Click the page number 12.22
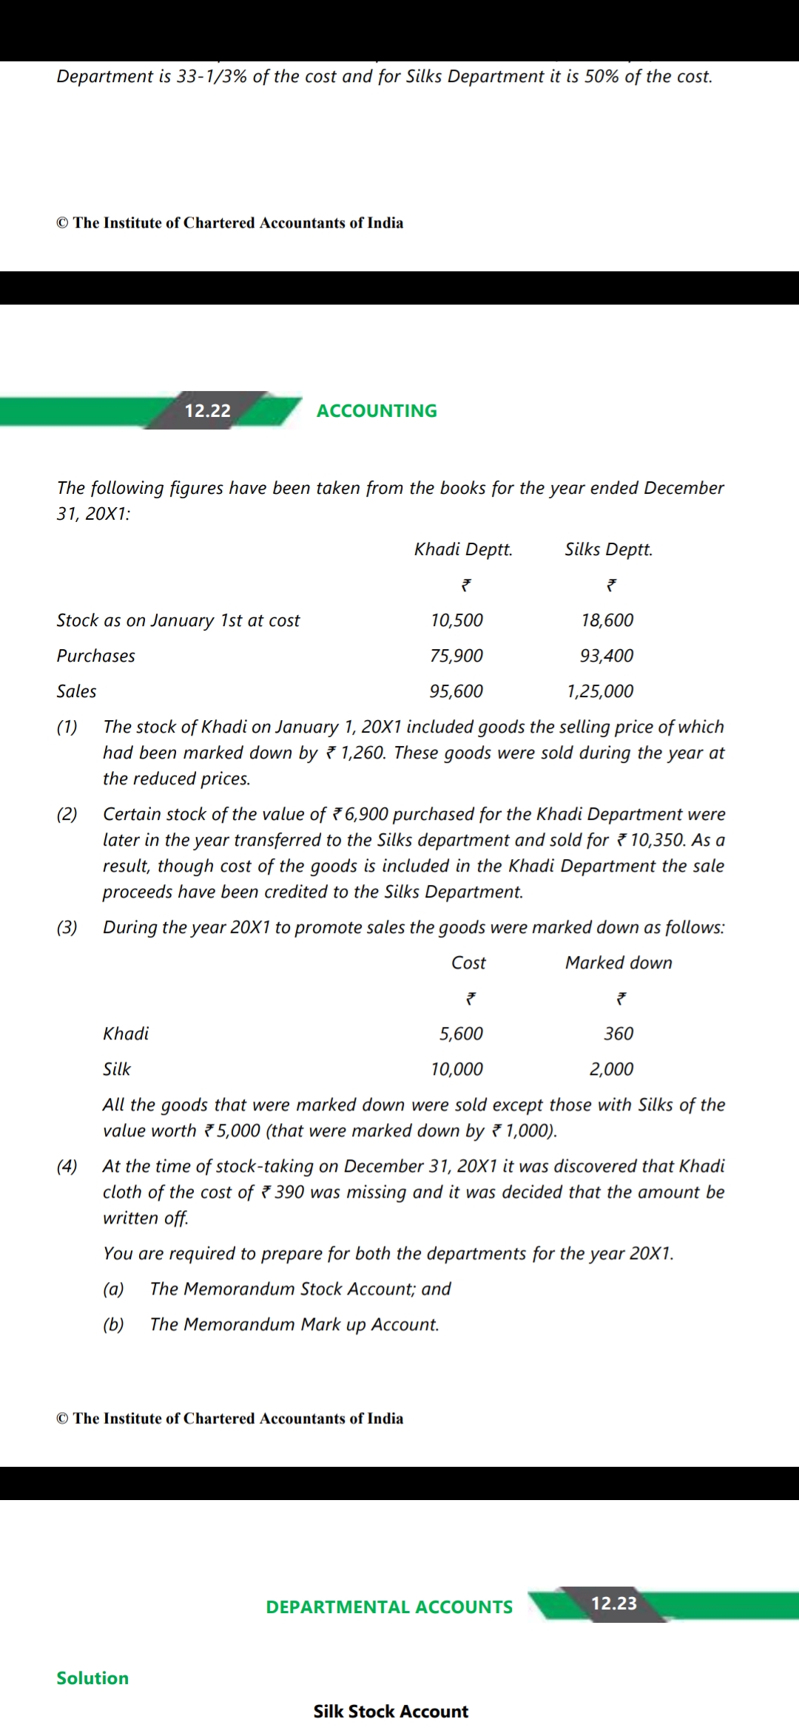click(x=207, y=411)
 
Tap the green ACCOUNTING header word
click(x=377, y=411)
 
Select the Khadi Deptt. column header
click(x=463, y=549)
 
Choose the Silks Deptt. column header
click(x=608, y=549)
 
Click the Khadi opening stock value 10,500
click(x=456, y=620)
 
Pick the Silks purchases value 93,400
click(x=607, y=656)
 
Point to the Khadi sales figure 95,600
click(x=456, y=691)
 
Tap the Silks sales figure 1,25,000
click(x=600, y=691)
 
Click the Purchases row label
click(x=96, y=656)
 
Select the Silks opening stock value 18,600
click(x=607, y=620)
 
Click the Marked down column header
click(x=618, y=963)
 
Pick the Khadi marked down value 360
click(x=618, y=1034)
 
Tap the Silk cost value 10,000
click(x=456, y=1069)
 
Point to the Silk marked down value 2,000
click(x=611, y=1069)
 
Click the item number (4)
click(x=67, y=1167)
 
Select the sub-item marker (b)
click(x=113, y=1324)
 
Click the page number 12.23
click(x=614, y=1603)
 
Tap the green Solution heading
click(x=92, y=1678)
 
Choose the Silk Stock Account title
click(x=391, y=1712)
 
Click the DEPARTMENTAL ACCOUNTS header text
click(x=389, y=1607)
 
